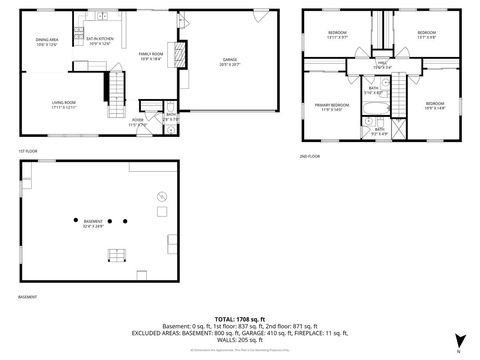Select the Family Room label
coord(151,57)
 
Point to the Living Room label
coord(66,104)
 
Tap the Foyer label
coord(139,123)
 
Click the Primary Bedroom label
coord(333,106)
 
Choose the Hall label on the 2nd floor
coord(382,66)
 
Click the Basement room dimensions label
coord(92,227)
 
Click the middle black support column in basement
coord(110,221)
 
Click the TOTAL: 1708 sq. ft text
coord(239,312)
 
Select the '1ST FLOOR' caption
coord(28,151)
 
